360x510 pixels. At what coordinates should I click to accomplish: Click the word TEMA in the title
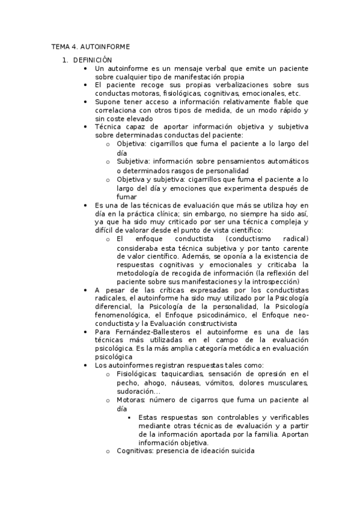(61, 47)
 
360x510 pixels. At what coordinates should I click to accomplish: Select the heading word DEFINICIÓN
(93, 60)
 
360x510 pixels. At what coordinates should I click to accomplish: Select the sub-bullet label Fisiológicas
(134, 373)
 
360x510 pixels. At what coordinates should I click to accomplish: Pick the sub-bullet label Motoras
(130, 399)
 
